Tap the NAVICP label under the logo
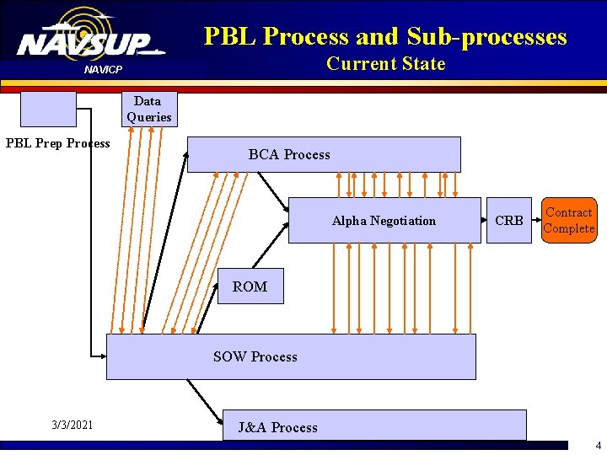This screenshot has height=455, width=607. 103,69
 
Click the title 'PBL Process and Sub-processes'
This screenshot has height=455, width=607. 385,36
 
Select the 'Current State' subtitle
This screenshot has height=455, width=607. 385,64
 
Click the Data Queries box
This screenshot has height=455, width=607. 149,109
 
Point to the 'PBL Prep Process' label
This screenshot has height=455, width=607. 57,143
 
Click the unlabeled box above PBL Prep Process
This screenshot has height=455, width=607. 48,109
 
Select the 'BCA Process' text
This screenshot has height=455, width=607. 289,155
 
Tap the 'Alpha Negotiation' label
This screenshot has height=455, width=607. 384,221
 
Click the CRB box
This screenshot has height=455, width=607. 508,221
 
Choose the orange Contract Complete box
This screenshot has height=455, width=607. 568,221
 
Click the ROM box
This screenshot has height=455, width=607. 250,286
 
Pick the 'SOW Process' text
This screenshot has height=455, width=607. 255,357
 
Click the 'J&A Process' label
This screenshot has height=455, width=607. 277,428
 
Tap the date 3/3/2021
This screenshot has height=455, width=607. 72,425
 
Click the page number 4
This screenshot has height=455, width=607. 598,445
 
